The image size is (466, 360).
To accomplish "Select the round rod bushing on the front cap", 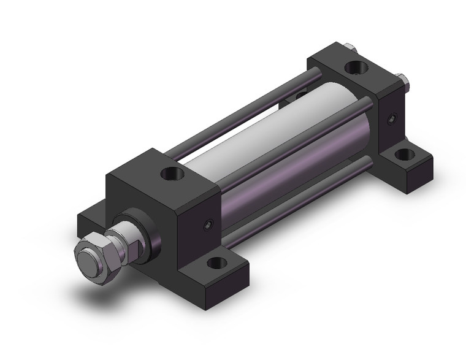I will tap(145, 236).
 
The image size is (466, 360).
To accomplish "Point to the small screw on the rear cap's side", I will tap(389, 119).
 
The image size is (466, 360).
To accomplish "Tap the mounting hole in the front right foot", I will tap(215, 264).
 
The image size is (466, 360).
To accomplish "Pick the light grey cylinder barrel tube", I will tap(270, 123).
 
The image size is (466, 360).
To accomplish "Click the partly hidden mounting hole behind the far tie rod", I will tap(300, 95).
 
